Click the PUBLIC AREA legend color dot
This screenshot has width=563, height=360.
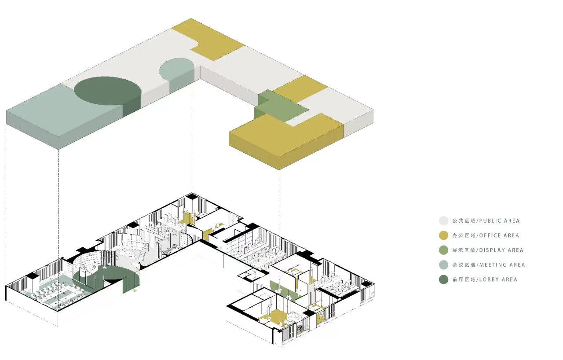click(x=444, y=220)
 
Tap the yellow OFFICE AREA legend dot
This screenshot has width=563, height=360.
click(x=444, y=235)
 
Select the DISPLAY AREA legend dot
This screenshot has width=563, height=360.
click(x=444, y=250)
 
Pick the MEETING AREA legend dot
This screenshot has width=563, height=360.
click(x=444, y=265)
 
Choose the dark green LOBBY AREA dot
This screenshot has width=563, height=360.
click(x=444, y=279)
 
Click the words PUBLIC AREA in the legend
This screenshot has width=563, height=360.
click(x=499, y=221)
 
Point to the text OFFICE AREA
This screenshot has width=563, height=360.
click(x=499, y=235)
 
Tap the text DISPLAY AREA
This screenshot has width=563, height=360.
click(x=501, y=250)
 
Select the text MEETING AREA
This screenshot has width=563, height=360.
click(x=502, y=265)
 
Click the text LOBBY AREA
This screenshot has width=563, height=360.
click(x=498, y=279)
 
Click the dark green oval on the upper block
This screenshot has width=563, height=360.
click(x=108, y=91)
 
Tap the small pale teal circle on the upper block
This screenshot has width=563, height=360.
click(x=176, y=68)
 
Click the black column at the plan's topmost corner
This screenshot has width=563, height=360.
click(x=192, y=196)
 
